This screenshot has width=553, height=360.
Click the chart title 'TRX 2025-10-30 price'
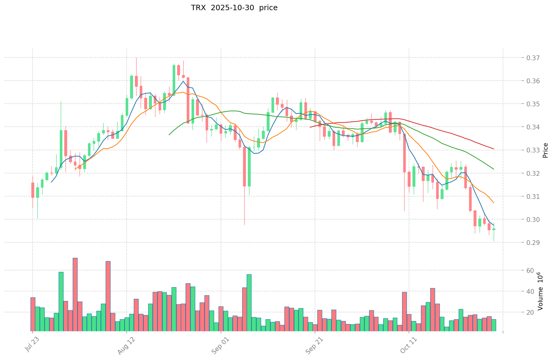pos(234,8)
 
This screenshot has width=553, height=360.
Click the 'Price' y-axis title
pos(545,150)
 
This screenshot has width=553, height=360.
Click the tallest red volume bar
pos(75,294)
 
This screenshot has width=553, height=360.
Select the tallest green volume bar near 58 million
pos(61,301)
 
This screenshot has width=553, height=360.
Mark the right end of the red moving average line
pos(494,149)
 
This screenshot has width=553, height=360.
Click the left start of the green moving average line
pos(169,135)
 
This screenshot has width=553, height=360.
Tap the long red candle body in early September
pos(244,167)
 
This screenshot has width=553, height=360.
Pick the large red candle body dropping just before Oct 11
pos(404,153)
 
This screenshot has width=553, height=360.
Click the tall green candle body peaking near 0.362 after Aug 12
pos(131,87)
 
